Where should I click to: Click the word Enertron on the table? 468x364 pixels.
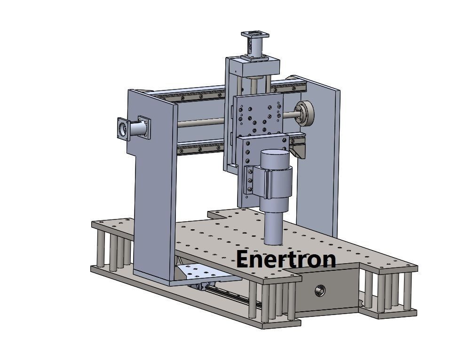tap(286, 259)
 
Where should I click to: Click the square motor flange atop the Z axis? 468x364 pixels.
tap(255, 34)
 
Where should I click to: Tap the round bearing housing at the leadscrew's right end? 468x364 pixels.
tap(307, 113)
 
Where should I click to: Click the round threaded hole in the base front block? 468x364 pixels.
tap(319, 291)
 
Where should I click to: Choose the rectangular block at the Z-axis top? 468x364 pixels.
tap(252, 66)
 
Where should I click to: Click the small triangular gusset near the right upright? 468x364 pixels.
tap(298, 151)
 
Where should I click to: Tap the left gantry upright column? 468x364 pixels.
tap(153, 188)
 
